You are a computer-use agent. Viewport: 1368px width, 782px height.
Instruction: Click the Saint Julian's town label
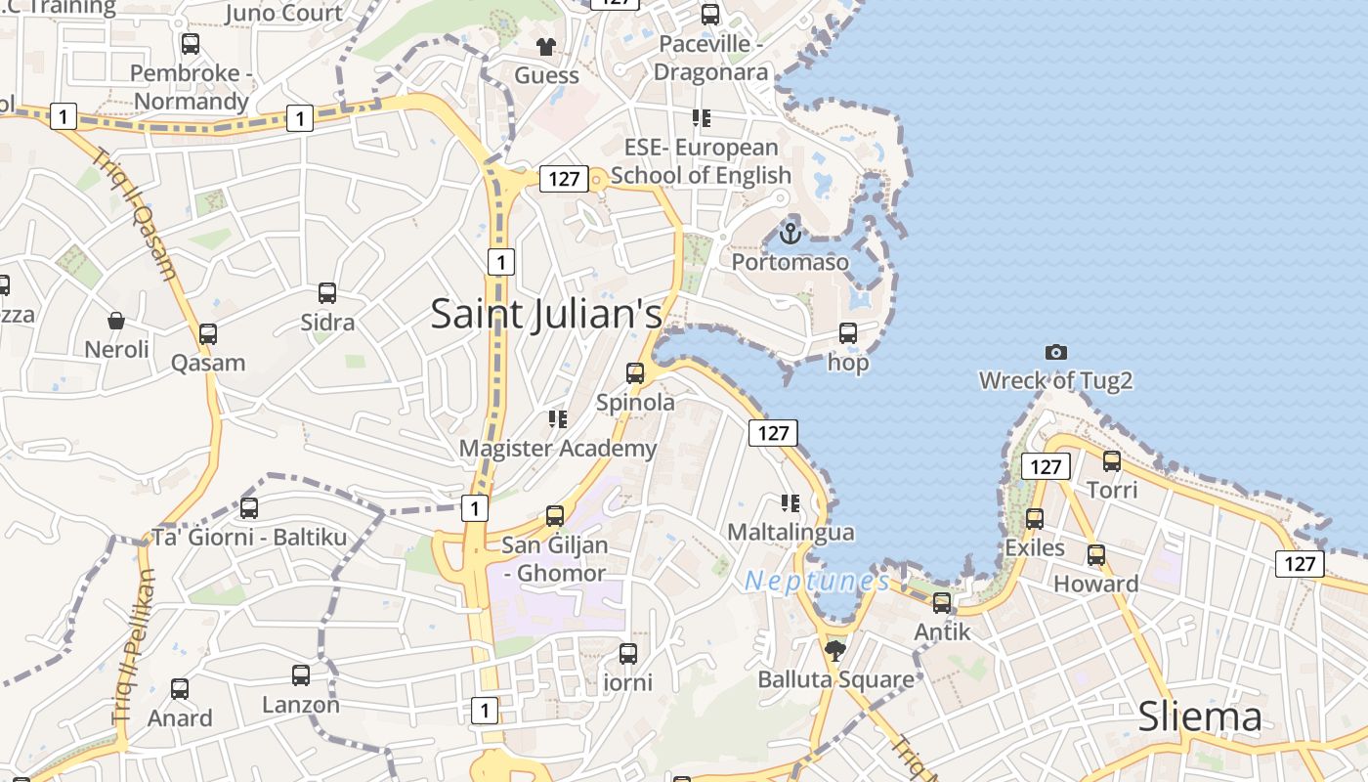point(546,314)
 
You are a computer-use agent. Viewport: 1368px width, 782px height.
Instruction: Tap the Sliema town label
point(1200,717)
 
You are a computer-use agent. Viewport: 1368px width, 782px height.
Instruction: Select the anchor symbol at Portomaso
point(791,234)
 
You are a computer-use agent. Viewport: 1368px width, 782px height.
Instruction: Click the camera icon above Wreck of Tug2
point(1055,352)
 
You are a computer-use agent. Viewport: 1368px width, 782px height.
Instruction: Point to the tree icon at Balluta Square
point(834,650)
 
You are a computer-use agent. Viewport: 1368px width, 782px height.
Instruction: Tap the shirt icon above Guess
point(546,46)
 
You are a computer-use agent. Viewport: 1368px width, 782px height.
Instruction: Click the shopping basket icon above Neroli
point(116,321)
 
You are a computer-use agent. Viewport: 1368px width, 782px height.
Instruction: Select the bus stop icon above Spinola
point(635,373)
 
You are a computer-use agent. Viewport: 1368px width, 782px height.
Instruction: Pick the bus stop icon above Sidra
point(327,293)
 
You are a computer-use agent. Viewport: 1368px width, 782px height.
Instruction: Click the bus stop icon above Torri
point(1112,461)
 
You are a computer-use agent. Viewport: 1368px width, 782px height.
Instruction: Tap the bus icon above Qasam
point(208,334)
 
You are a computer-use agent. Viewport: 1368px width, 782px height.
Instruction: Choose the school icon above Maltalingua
point(791,503)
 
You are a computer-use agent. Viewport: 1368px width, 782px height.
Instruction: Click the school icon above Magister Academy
point(558,419)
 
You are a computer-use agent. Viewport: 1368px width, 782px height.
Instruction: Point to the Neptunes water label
point(817,582)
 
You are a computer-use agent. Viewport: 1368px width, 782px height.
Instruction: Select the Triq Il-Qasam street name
point(138,213)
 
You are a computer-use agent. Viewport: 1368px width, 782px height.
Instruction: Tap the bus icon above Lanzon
point(301,674)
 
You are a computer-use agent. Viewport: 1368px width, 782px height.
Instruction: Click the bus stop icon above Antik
point(942,603)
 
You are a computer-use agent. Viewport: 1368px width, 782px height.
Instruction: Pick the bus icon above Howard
point(1096,555)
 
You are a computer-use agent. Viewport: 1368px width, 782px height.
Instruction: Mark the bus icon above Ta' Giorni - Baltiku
point(249,508)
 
